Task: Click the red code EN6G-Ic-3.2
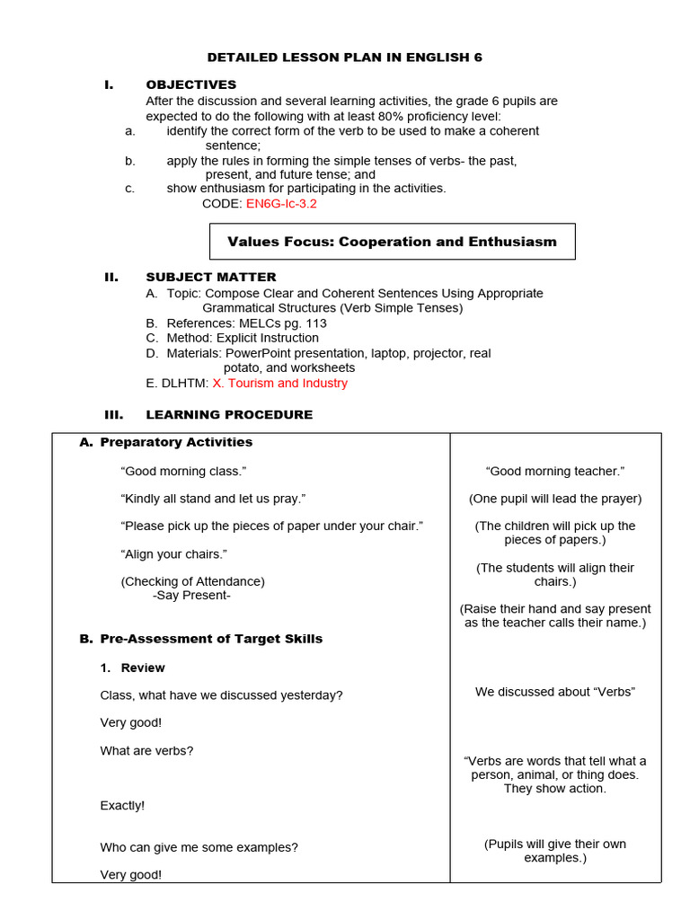click(281, 204)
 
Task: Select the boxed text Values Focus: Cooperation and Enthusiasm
click(392, 242)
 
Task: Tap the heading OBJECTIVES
click(191, 84)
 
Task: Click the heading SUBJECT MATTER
click(211, 277)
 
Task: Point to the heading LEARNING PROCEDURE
click(229, 414)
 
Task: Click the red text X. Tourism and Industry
click(279, 383)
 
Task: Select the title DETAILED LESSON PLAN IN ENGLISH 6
click(345, 57)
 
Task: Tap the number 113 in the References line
click(315, 323)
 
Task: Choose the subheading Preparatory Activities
click(176, 442)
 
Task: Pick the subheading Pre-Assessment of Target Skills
click(211, 639)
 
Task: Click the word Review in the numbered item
click(143, 668)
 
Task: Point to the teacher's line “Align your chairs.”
click(174, 553)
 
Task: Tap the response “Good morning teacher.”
click(555, 471)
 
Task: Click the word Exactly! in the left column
click(122, 806)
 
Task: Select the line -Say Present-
click(192, 595)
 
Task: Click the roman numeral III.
click(115, 414)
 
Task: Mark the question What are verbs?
click(146, 750)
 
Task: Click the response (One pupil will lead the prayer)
click(555, 499)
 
